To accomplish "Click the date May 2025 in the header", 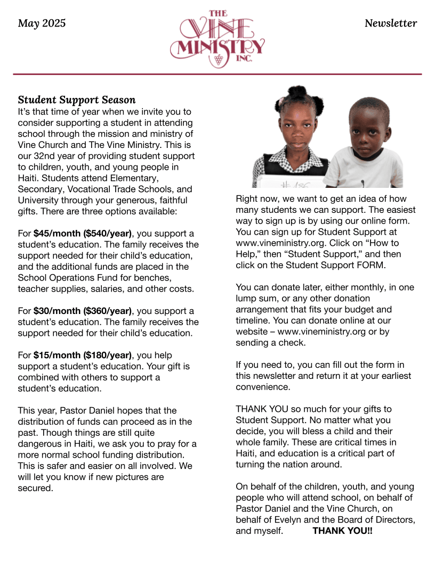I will [42, 23].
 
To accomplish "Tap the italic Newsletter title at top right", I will [391, 23].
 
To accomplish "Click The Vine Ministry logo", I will [217, 39].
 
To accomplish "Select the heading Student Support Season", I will [77, 100].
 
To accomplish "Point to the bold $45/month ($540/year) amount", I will [83, 233].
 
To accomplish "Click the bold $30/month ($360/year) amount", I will [83, 311].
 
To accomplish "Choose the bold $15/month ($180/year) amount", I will [83, 355].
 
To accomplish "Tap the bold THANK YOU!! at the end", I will [342, 531].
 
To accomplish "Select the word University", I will [39, 200].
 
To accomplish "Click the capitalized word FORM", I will [372, 265].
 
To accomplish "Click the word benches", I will [170, 277].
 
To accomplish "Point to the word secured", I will [35, 488].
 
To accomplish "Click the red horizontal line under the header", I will [217, 74].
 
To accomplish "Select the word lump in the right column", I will [246, 298].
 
